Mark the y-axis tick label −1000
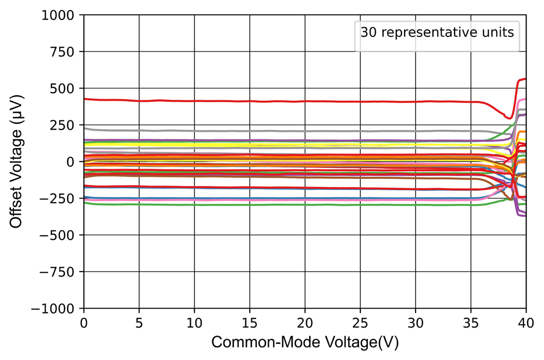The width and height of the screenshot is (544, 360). pos(60,308)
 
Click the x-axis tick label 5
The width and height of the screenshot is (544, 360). pos(139,323)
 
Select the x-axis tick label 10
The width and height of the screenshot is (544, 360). pos(195,323)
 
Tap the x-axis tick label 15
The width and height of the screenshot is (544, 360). pos(250,323)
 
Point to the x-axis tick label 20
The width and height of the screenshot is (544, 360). pos(305,323)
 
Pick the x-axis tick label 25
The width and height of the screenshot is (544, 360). pos(360,323)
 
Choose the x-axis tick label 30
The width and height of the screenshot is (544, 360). pos(416,323)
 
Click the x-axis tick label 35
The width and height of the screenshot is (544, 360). pos(471,323)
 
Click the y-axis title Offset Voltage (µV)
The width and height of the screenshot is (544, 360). pos(17,162)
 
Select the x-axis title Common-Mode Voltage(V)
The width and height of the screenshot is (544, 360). pos(305,343)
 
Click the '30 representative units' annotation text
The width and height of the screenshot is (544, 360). pos(437,32)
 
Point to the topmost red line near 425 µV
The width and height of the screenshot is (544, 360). pos(271,101)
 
